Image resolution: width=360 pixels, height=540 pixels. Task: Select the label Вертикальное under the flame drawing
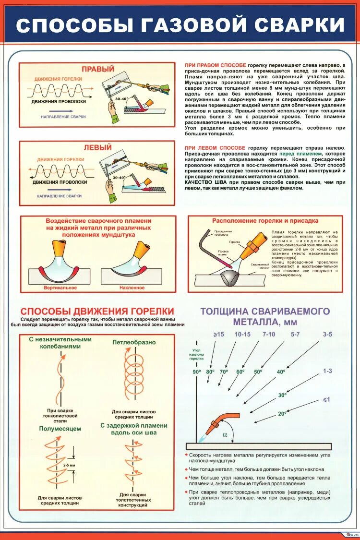pos(60,288)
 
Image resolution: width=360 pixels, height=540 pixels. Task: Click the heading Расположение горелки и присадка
pos(265,221)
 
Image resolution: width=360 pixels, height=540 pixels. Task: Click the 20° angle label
pos(282,413)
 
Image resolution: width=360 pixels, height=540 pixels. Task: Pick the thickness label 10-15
pos(242,334)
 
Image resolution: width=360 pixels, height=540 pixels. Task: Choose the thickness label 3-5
pos(327,334)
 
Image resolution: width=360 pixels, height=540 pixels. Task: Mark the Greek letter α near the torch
pos(225,435)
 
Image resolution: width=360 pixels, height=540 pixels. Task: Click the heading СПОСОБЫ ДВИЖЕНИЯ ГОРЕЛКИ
pos(97,312)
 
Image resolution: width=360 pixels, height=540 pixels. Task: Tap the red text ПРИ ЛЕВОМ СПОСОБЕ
pos(215,147)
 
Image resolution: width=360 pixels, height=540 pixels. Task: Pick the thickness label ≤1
pos(326,399)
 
